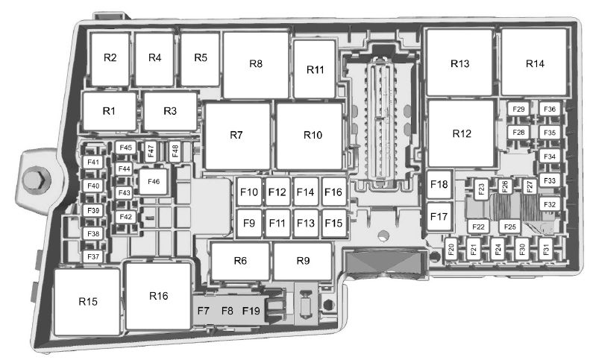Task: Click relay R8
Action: tap(256, 65)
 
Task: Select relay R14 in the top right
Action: tap(534, 63)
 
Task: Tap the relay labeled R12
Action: tap(462, 134)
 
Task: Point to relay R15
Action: tap(88, 301)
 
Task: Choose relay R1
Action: tap(110, 111)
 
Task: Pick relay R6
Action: tap(239, 260)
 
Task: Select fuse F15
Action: tap(333, 222)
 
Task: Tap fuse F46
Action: tap(154, 181)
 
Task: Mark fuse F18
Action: tap(439, 185)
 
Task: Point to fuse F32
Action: tap(549, 203)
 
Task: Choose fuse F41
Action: tap(93, 162)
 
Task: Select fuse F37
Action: tap(93, 256)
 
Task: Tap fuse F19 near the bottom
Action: tap(251, 310)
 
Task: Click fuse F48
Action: tap(175, 151)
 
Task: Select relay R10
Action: tap(312, 135)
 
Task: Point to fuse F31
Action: tap(546, 250)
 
